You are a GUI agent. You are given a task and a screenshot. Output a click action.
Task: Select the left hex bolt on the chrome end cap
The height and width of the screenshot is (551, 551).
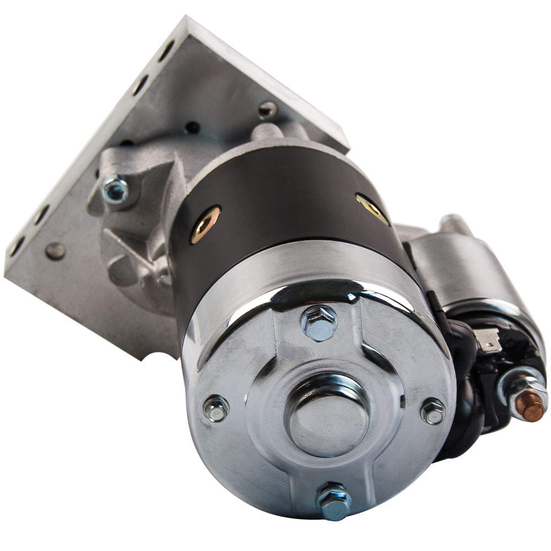tap(215, 408)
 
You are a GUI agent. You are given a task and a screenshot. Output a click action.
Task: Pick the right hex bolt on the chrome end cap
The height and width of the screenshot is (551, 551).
tap(433, 412)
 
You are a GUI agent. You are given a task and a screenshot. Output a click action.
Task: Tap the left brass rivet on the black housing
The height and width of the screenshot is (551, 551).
tap(205, 225)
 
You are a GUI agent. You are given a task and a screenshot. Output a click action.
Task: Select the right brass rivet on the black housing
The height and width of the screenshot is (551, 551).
tap(372, 209)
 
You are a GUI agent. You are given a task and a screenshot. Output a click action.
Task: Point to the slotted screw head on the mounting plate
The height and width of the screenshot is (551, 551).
tap(268, 110)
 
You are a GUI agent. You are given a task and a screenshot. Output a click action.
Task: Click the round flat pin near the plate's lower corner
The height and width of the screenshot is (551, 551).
tap(55, 251)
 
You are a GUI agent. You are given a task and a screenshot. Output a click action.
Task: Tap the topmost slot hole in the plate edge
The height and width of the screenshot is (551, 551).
tap(166, 50)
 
